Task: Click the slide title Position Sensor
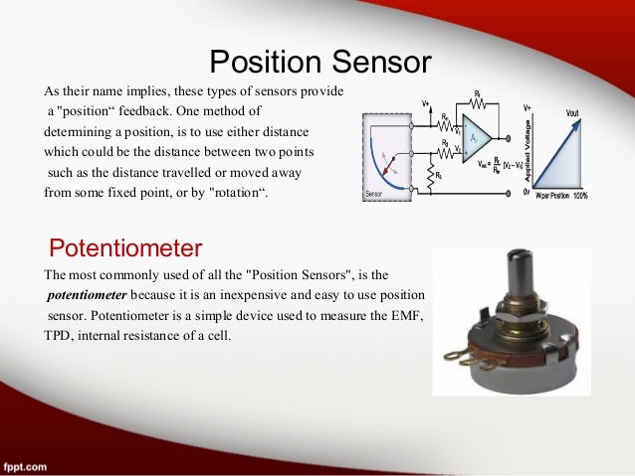coord(319,63)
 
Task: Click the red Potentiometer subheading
coord(126,245)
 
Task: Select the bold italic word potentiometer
coord(87,295)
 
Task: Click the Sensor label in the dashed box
coord(374,194)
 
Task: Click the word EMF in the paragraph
coord(406,316)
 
